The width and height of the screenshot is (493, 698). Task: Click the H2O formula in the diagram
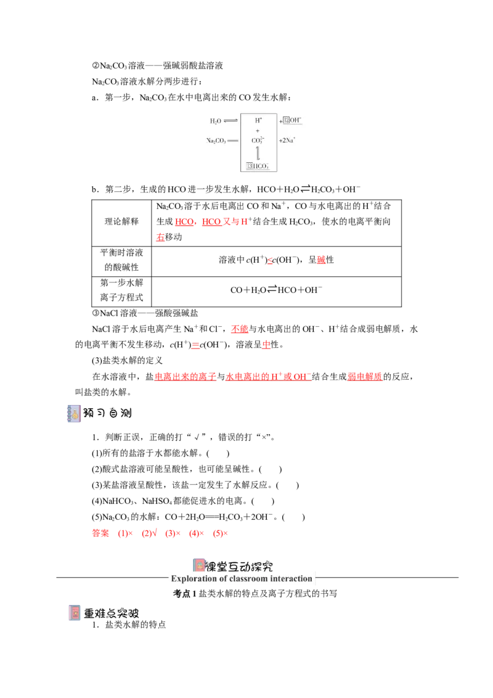215,121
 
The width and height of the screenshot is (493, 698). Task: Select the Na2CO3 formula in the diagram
216,141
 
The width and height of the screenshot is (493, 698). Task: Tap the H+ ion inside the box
258,121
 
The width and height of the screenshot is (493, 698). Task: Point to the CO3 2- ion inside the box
258,140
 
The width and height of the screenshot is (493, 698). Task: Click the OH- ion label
296,120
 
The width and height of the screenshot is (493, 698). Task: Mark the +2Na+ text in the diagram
287,140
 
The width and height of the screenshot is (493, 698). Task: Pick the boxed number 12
287,120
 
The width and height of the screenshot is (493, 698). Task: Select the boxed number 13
250,166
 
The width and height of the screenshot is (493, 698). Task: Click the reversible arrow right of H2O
230,121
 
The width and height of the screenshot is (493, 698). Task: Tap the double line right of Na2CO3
233,141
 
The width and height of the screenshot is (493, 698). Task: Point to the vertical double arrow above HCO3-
258,153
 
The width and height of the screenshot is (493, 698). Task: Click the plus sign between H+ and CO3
258,131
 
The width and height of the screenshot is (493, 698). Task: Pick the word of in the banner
223,578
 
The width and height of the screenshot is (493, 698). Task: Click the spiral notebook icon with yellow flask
74,414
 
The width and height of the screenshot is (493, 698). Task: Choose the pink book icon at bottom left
74,612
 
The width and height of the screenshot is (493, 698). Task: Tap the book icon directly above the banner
199,564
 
